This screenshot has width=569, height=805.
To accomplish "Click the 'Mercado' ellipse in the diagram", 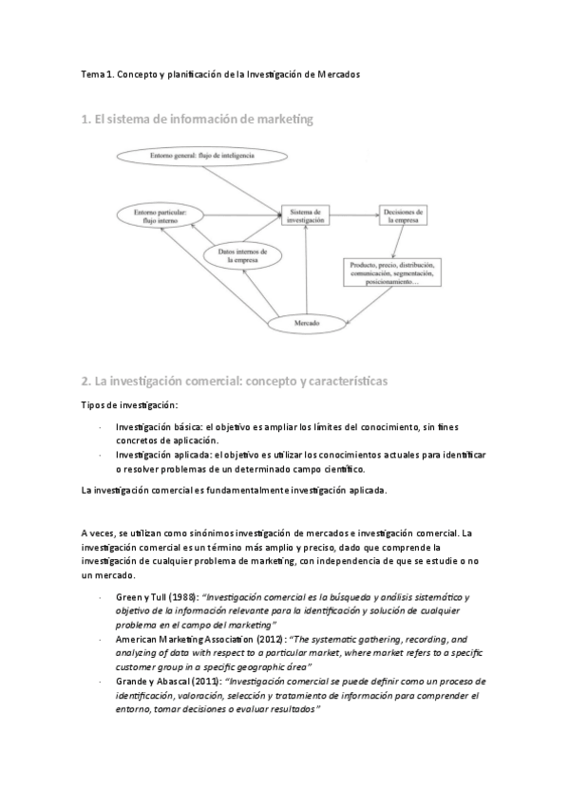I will point(305,324).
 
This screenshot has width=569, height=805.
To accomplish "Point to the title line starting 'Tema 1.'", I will point(219,74).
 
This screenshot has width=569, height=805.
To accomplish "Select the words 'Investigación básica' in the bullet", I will point(150,428).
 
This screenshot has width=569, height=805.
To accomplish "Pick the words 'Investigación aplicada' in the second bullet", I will point(154,455).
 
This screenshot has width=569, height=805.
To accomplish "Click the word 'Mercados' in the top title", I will point(332,74).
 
